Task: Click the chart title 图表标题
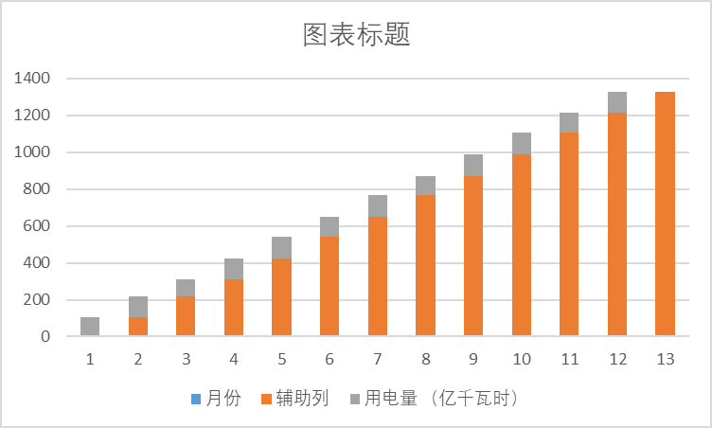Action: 356,36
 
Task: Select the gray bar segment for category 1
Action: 90,327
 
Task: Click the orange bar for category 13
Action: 665,214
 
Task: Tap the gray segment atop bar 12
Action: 617,102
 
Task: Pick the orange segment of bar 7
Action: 378,276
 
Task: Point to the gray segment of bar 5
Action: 281,248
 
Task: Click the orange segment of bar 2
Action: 138,327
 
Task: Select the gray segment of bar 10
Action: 522,144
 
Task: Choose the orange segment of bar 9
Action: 473,256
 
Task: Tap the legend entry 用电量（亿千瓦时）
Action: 436,399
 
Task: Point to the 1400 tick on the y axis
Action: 32,79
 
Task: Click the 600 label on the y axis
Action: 37,226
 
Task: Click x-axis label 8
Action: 425,360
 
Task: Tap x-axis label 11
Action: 569,360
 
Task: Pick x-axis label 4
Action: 234,360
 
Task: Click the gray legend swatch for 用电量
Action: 355,399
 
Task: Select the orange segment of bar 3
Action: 186,316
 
